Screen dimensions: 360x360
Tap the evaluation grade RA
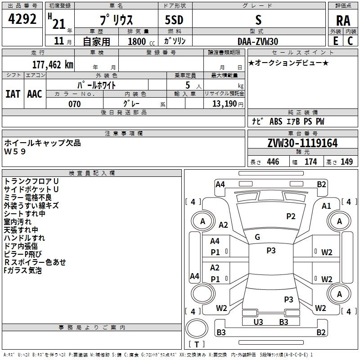[x=343, y=21]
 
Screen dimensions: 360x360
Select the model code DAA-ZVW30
[x=258, y=41]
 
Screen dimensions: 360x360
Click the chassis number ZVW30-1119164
[x=302, y=144]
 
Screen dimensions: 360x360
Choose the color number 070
[x=74, y=104]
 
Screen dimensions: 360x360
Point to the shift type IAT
[x=13, y=94]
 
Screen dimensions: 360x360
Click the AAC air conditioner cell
[x=34, y=94]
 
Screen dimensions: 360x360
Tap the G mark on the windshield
[x=257, y=237]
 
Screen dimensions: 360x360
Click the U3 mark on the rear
[x=258, y=322]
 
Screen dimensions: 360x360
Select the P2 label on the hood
[x=291, y=216]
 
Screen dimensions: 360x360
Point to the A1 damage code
[x=326, y=206]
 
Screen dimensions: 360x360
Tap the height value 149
[x=346, y=162]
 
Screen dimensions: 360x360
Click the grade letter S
[x=258, y=20]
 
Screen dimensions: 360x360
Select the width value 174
[x=311, y=162]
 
